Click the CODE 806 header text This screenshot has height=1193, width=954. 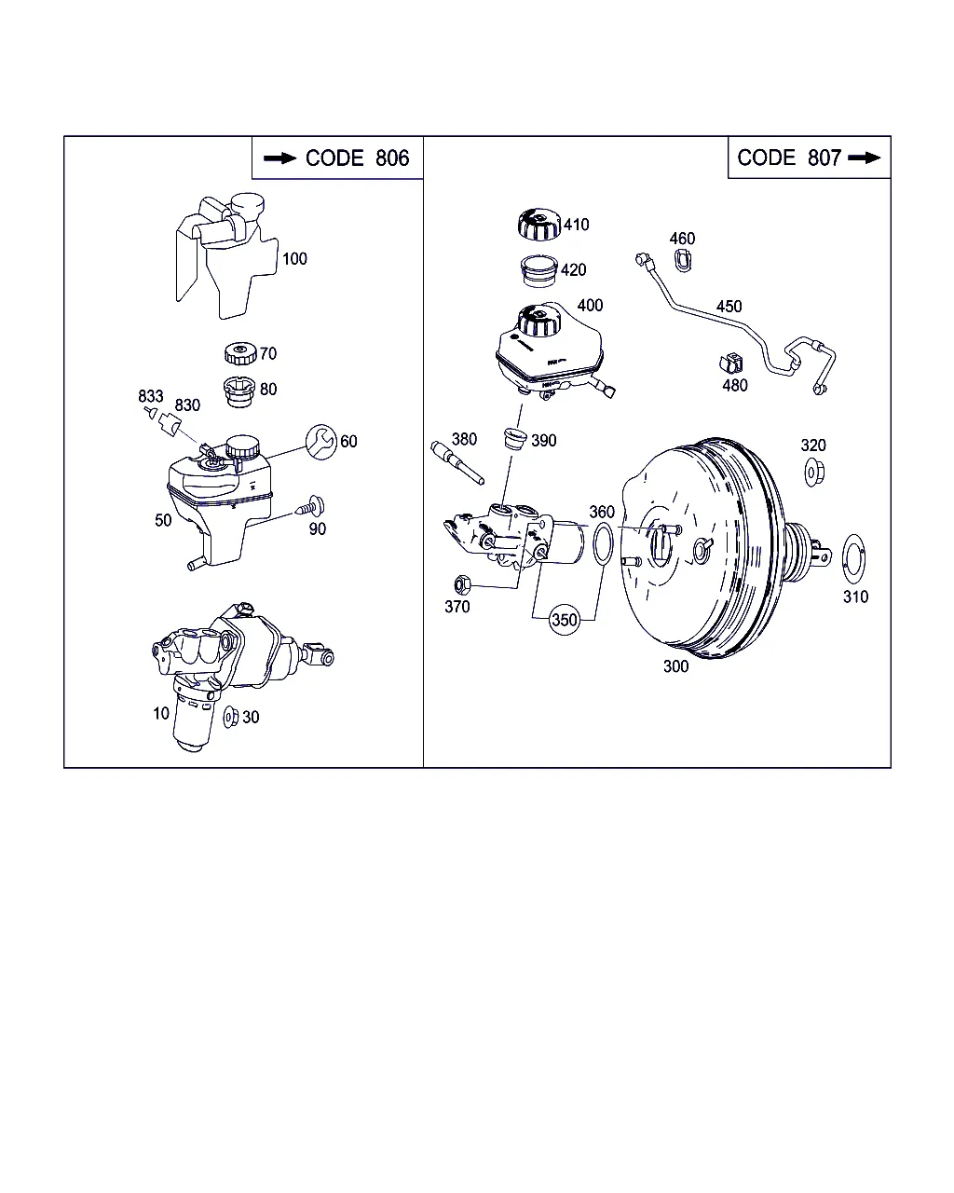click(x=357, y=158)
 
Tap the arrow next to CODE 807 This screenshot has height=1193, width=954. click(x=864, y=158)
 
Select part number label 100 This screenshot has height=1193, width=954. click(x=294, y=259)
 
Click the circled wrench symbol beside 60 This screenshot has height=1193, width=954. click(x=321, y=442)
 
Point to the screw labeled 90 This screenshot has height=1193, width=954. click(x=311, y=506)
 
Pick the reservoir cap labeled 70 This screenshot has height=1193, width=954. click(x=240, y=353)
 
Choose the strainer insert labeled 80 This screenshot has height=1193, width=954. click(x=239, y=392)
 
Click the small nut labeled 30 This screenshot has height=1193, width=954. click(x=230, y=717)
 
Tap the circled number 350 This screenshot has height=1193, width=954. click(x=565, y=620)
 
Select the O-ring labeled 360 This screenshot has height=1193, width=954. click(x=603, y=543)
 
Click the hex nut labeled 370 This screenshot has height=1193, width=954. click(x=462, y=585)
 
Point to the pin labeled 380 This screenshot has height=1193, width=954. click(x=457, y=462)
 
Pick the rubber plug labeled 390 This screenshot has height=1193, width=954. click(x=515, y=438)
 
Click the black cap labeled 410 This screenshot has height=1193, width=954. click(x=539, y=225)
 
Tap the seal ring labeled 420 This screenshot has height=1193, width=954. click(x=538, y=271)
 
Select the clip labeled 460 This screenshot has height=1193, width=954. click(x=683, y=261)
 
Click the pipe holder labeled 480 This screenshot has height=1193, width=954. click(x=730, y=363)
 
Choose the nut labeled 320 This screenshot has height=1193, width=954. click(x=814, y=473)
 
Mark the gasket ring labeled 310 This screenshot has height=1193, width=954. click(x=853, y=559)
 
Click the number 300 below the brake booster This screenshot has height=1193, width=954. click(x=675, y=666)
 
